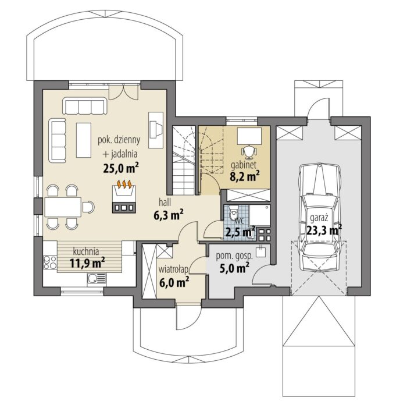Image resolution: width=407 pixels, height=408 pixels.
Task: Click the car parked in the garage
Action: tap(320, 218)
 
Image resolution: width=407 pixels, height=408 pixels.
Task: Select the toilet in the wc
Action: tap(234, 211)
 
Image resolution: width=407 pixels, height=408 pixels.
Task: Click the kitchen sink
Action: tap(97, 278)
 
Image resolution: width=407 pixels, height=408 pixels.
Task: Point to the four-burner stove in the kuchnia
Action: tap(50, 262)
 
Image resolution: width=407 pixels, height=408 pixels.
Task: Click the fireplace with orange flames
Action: tap(124, 197)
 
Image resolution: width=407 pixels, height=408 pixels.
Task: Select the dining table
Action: tap(63, 207)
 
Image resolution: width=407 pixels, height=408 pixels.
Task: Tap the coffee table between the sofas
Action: tap(84, 140)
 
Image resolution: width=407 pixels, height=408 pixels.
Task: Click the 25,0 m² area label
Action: tap(121, 168)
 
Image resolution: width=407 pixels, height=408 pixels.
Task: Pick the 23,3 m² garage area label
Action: tap(324, 230)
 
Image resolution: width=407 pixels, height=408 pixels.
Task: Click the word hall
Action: tap(165, 203)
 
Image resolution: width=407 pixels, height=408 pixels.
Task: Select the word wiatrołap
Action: tap(174, 270)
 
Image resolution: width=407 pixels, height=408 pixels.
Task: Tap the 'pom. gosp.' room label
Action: tap(234, 256)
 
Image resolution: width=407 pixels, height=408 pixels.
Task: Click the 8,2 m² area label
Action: tap(245, 176)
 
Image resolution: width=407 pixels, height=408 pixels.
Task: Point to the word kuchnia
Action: tap(86, 251)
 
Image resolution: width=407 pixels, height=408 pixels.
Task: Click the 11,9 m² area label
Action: tap(87, 263)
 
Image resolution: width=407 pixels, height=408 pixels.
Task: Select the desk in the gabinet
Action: tap(249, 136)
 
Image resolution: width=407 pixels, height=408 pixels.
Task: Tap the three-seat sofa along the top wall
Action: tap(85, 106)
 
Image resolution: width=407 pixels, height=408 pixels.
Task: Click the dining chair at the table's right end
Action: tap(88, 207)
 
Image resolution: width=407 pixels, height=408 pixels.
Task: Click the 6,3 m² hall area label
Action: tap(169, 215)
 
